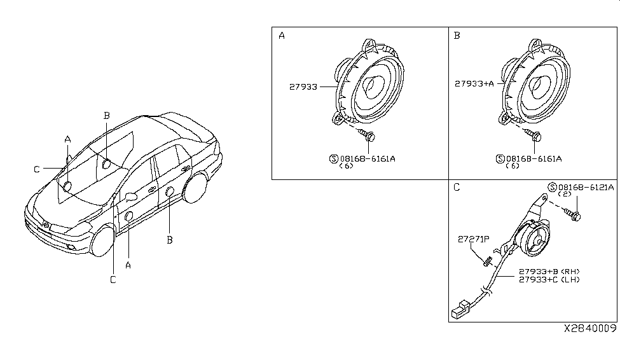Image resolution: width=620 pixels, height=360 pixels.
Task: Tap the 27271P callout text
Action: [473, 239]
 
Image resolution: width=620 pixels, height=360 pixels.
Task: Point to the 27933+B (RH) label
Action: [549, 270]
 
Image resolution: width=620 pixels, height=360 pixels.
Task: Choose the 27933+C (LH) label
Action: [549, 279]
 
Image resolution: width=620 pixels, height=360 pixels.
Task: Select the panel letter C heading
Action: [457, 188]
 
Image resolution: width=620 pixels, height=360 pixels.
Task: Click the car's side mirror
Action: [130, 195]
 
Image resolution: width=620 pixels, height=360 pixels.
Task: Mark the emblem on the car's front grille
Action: [46, 225]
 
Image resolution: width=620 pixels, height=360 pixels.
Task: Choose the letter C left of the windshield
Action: [37, 169]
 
